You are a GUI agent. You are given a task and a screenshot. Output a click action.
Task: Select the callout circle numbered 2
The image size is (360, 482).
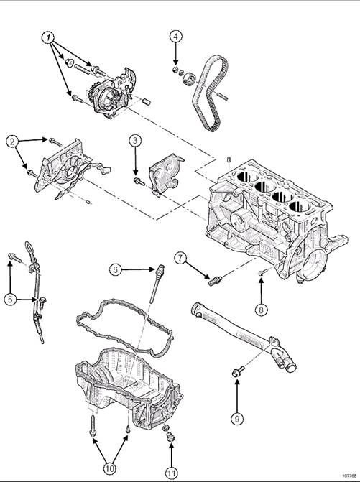click(x=12, y=142)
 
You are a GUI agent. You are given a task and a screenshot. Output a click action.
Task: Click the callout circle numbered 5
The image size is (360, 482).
click(x=10, y=300)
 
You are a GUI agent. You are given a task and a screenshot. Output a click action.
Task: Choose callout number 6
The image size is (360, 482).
click(x=115, y=269)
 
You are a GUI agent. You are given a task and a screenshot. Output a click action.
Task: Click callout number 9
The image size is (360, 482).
click(x=236, y=417)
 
